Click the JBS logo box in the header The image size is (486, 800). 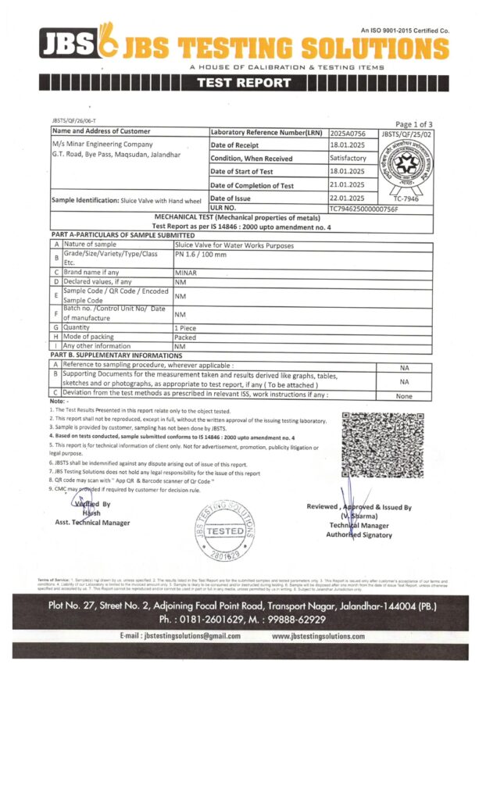(x=66, y=45)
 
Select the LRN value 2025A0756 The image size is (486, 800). (x=348, y=133)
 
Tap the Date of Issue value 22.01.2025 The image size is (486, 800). (x=348, y=198)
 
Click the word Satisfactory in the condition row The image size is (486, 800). (x=348, y=159)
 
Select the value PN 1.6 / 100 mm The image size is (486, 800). (x=201, y=255)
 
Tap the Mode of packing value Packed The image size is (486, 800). (x=185, y=337)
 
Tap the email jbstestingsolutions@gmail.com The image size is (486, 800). (x=180, y=637)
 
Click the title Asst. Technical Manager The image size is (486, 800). (x=92, y=522)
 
